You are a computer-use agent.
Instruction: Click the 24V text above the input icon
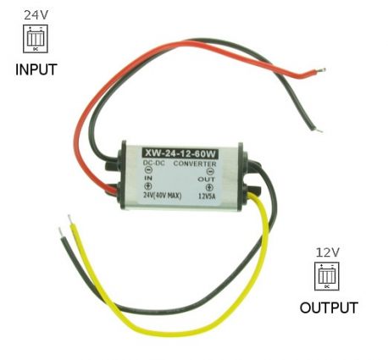36,15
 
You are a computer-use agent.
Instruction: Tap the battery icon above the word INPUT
36,39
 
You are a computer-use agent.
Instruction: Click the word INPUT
36,69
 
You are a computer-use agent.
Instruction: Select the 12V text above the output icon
328,252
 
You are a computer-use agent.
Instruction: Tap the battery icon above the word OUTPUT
327,276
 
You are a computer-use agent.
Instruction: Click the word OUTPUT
329,307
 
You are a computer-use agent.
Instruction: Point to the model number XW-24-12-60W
180,153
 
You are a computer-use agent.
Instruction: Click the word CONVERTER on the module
195,163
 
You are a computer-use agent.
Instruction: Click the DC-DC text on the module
154,163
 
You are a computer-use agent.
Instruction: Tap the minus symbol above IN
148,170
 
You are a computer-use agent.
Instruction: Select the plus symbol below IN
148,186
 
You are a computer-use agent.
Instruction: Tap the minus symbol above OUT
210,171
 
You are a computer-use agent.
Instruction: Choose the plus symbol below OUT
209,187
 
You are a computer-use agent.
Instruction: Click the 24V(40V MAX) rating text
163,196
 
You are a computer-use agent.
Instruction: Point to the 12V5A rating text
207,196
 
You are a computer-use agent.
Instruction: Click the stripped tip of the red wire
322,69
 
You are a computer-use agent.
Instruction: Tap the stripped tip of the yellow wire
69,219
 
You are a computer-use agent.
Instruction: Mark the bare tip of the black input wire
319,130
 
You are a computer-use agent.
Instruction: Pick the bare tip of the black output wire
60,232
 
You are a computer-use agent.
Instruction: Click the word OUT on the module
206,179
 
